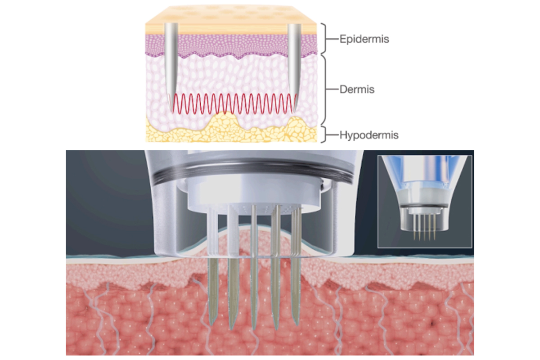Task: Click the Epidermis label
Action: tap(364, 39)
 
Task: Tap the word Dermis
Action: tap(357, 90)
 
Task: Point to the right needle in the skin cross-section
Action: tap(294, 67)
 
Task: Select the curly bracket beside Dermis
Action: tap(325, 90)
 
